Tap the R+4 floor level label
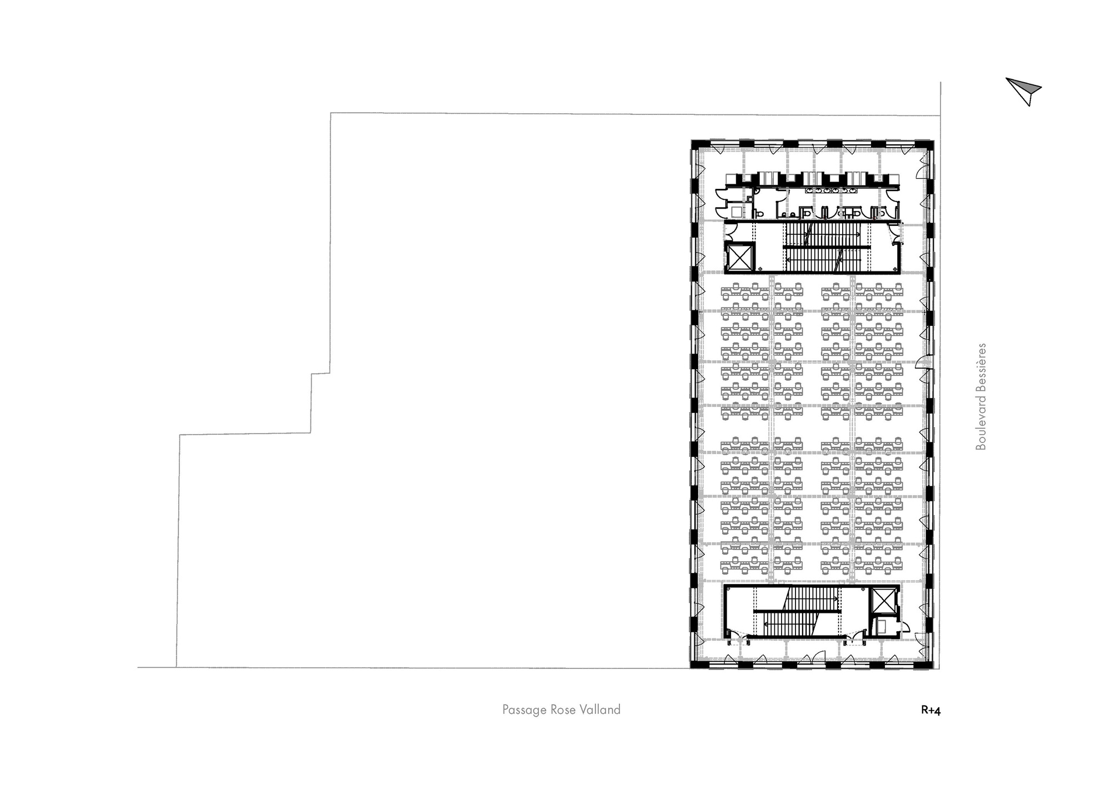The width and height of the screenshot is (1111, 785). (930, 710)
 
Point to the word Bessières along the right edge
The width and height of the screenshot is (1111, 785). (981, 368)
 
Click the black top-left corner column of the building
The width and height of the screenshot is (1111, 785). (694, 144)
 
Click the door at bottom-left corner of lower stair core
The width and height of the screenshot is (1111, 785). (732, 637)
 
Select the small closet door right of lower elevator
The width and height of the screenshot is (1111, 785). (904, 627)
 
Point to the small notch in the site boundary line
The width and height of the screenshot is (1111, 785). (320, 374)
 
